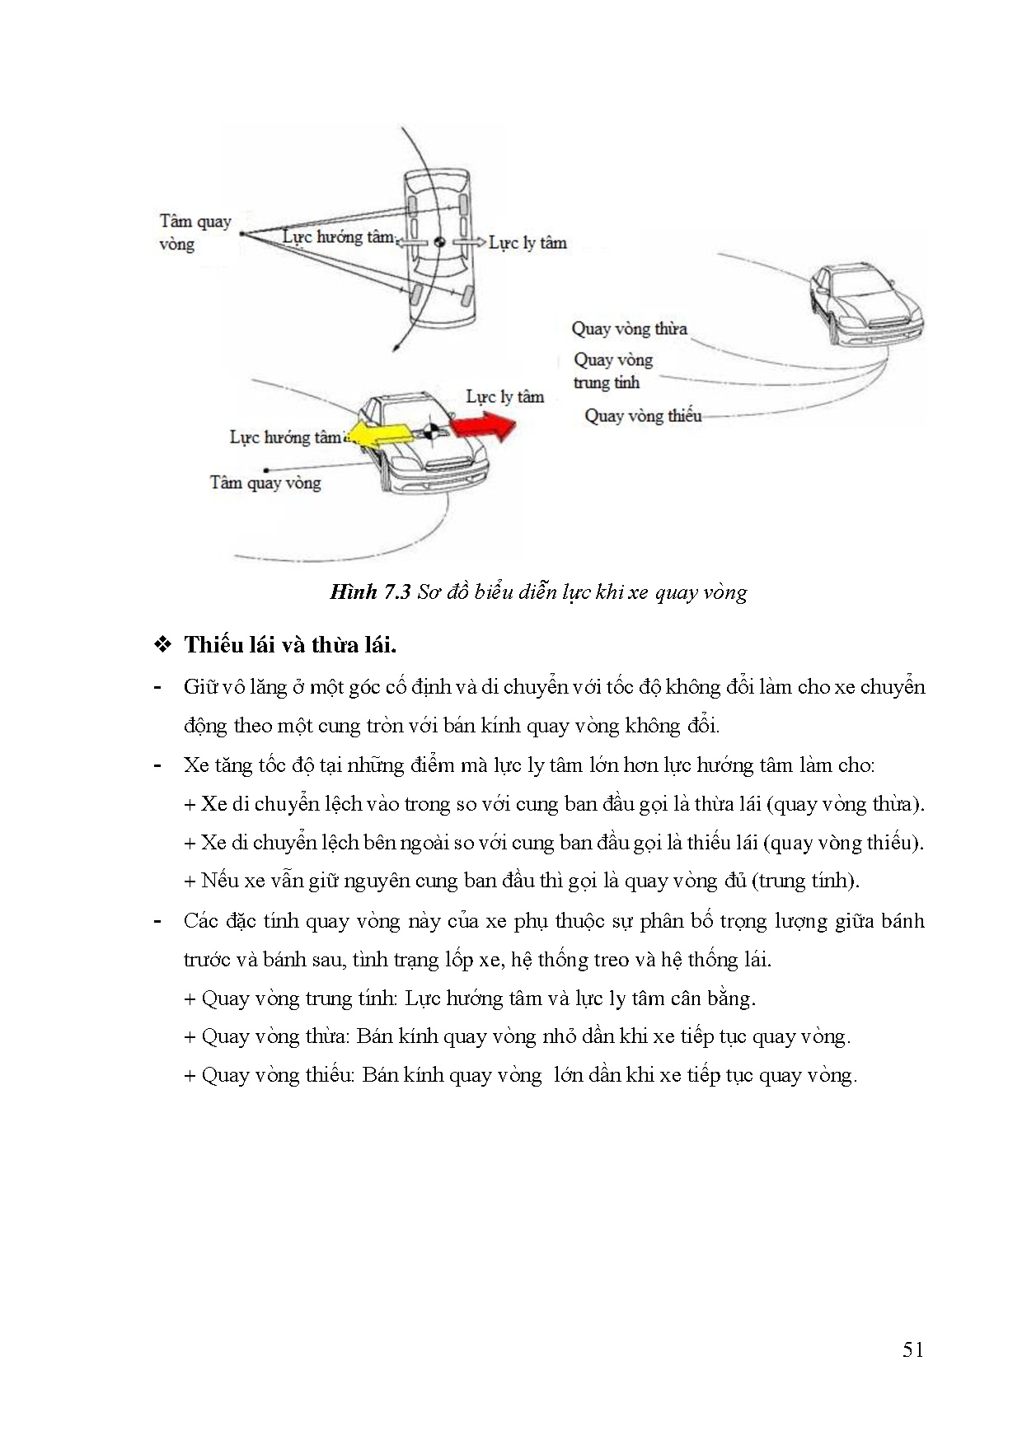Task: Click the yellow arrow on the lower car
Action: tap(379, 434)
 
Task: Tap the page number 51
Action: tap(912, 1349)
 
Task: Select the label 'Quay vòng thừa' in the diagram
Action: tap(629, 329)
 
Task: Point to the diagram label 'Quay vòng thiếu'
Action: tap(643, 416)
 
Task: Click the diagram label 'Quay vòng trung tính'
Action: tap(613, 371)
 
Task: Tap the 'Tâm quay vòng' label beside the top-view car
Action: tap(195, 232)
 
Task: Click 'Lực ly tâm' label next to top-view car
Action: tap(527, 242)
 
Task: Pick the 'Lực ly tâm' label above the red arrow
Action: tap(504, 396)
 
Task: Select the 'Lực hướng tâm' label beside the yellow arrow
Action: tap(285, 437)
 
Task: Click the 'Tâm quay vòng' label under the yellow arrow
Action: tap(265, 483)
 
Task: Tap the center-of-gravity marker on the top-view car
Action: tap(440, 242)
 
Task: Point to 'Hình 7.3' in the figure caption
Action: tap(370, 592)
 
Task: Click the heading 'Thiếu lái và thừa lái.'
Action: tap(290, 644)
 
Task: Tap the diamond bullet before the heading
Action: tap(162, 644)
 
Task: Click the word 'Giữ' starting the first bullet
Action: tap(200, 687)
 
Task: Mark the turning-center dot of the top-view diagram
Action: tap(241, 234)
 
